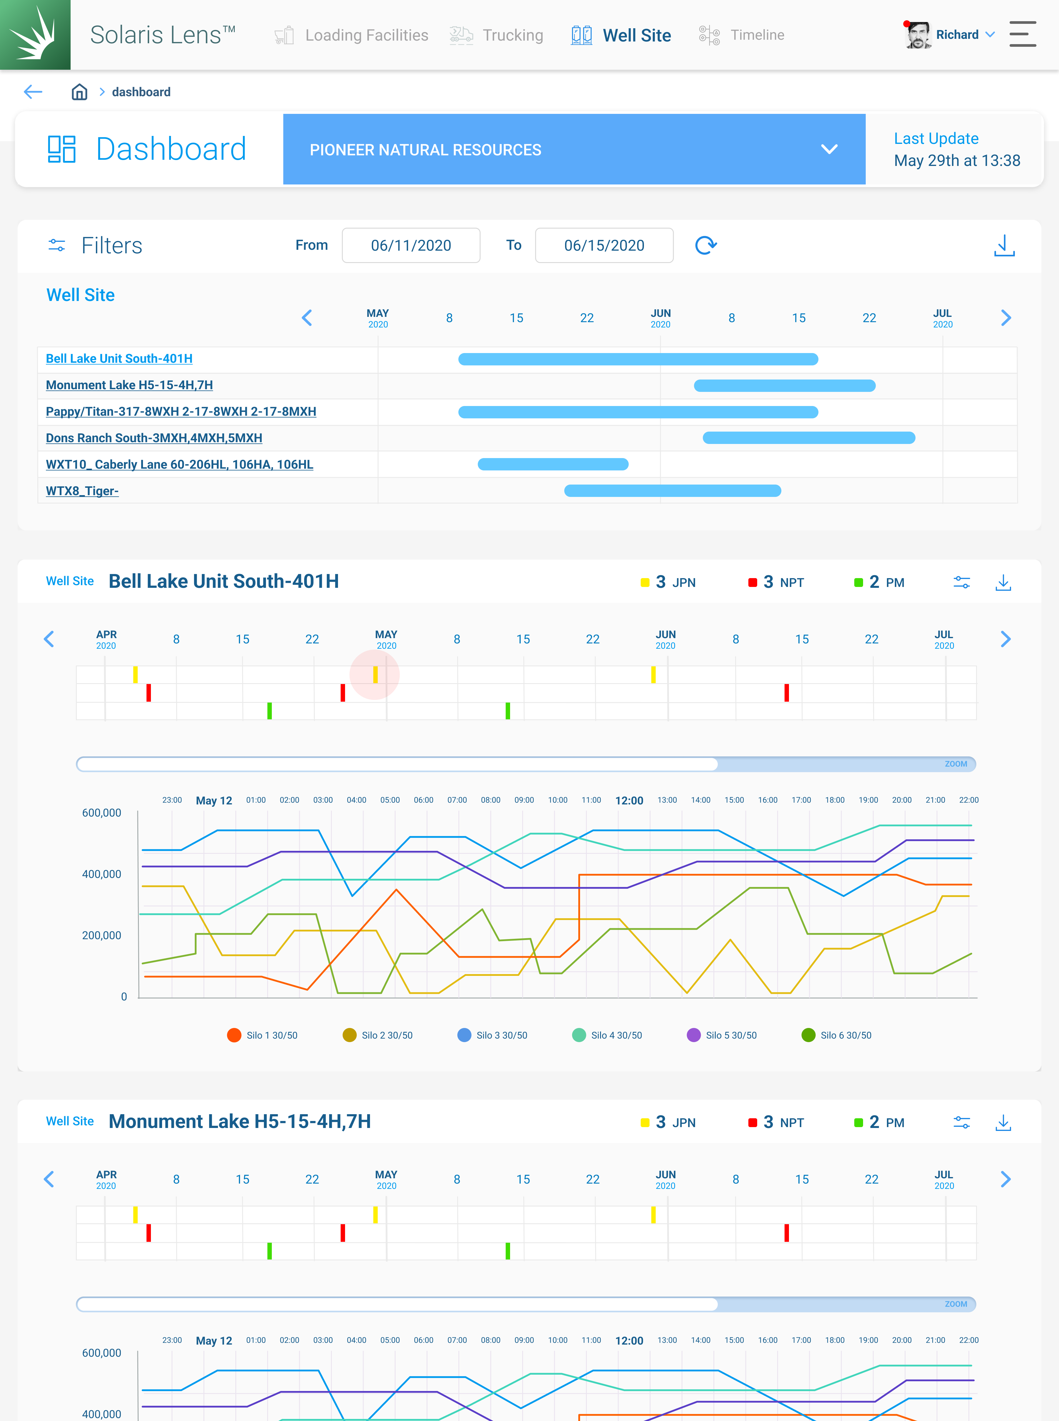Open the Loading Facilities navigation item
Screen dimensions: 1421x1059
tap(351, 35)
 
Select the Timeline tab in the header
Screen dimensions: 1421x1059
tap(742, 35)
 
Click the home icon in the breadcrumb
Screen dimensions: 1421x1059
tap(79, 92)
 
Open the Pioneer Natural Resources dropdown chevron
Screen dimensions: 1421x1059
tap(829, 149)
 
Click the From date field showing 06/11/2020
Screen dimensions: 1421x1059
tap(411, 245)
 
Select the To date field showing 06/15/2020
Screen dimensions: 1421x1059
tap(604, 245)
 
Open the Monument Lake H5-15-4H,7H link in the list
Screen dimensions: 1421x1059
tap(129, 385)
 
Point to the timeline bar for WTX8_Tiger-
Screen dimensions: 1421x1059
tap(672, 491)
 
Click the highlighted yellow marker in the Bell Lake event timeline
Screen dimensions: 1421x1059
tap(375, 674)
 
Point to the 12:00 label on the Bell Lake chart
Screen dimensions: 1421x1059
tap(629, 801)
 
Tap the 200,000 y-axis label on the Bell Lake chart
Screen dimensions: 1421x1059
tap(101, 935)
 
